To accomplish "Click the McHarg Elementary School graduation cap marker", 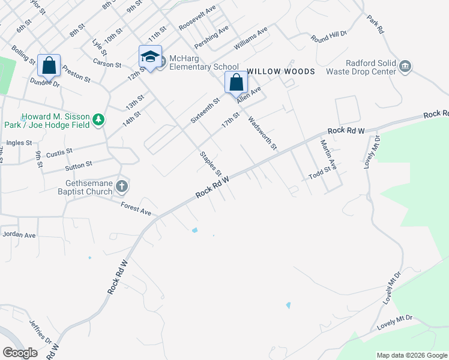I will click(150, 57).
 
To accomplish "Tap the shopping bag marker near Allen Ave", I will click(237, 82).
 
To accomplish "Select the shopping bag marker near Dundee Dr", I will click(49, 65).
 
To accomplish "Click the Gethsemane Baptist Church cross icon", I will click(121, 187).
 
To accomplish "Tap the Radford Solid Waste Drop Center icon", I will click(405, 65).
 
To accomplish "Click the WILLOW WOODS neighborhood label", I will click(280, 71).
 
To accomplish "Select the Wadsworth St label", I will click(262, 133).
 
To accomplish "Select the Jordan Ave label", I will click(19, 234).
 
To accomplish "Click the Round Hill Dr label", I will click(329, 37).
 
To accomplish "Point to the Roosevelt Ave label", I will click(197, 19).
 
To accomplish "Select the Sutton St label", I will click(79, 164).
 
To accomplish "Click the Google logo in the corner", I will click(20, 353).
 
